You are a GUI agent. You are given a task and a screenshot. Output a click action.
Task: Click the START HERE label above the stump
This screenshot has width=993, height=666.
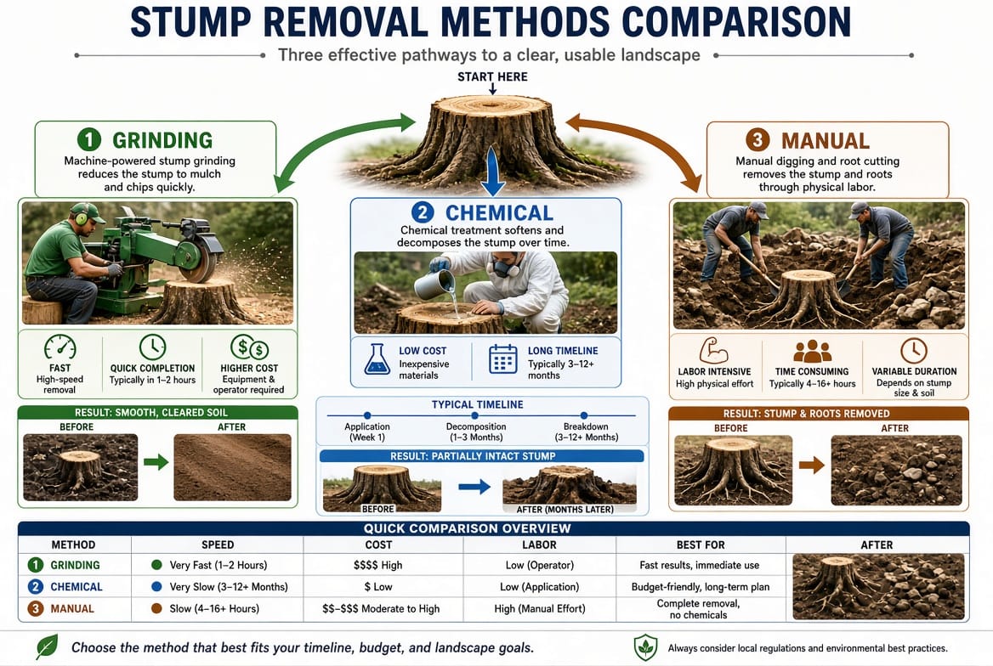492,76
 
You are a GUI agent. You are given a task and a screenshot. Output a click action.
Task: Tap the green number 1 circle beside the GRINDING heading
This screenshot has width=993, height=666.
89,139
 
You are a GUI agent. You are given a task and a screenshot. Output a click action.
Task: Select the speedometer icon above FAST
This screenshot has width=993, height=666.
60,347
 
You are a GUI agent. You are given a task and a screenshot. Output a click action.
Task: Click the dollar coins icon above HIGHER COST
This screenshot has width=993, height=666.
249,347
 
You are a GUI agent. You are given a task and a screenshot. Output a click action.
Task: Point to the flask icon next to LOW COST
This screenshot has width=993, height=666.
377,359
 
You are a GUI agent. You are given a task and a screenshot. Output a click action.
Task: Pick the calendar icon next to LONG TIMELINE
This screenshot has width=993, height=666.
503,359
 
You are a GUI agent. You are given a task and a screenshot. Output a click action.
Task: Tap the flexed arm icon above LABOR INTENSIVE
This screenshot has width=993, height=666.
714,350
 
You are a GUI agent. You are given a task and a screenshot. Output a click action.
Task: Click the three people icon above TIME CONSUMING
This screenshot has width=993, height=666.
812,351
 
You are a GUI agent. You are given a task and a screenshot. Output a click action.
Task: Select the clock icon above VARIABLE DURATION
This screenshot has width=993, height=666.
914,350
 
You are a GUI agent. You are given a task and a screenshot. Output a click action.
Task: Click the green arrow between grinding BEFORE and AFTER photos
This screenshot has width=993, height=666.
156,461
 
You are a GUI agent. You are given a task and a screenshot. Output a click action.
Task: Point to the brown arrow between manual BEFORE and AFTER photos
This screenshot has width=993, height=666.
811,466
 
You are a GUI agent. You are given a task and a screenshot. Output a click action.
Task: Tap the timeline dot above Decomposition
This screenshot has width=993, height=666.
475,415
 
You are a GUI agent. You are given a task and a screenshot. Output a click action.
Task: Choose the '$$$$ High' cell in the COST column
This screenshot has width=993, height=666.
378,565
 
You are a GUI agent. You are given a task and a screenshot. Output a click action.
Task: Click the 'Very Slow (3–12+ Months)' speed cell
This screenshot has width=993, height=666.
229,587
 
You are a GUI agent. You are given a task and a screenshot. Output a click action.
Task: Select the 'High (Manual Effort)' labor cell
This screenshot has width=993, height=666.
540,608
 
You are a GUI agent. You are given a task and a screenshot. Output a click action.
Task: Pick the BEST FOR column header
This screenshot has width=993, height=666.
701,545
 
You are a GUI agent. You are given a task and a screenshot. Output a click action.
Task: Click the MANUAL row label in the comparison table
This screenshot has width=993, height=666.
72,608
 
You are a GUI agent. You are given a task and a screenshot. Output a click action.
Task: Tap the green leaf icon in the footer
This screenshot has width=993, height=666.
48,646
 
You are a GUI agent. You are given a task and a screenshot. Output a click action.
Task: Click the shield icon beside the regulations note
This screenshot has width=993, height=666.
645,647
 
